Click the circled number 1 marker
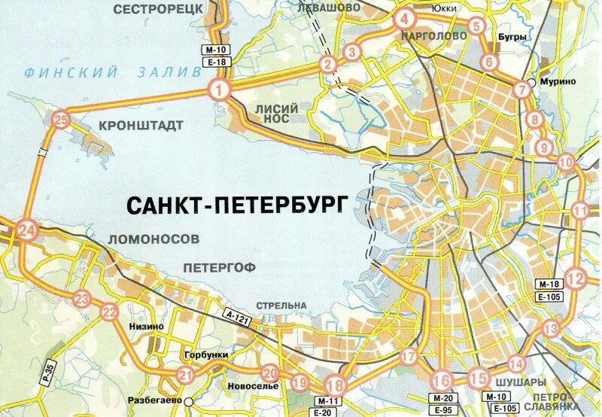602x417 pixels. (x=218, y=91)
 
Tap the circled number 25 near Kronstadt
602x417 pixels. (x=61, y=119)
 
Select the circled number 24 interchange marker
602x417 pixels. (x=27, y=230)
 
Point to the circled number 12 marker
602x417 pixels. (x=576, y=279)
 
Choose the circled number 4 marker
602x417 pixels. (x=404, y=20)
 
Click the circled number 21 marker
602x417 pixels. (x=186, y=375)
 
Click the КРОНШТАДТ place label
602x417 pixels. (x=141, y=125)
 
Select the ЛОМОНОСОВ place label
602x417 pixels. (x=154, y=238)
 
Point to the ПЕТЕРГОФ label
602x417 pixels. (x=220, y=266)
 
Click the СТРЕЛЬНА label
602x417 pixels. (x=281, y=305)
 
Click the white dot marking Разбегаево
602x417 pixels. (x=190, y=401)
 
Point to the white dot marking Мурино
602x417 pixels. (x=532, y=82)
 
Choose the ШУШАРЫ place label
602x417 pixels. (x=509, y=383)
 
